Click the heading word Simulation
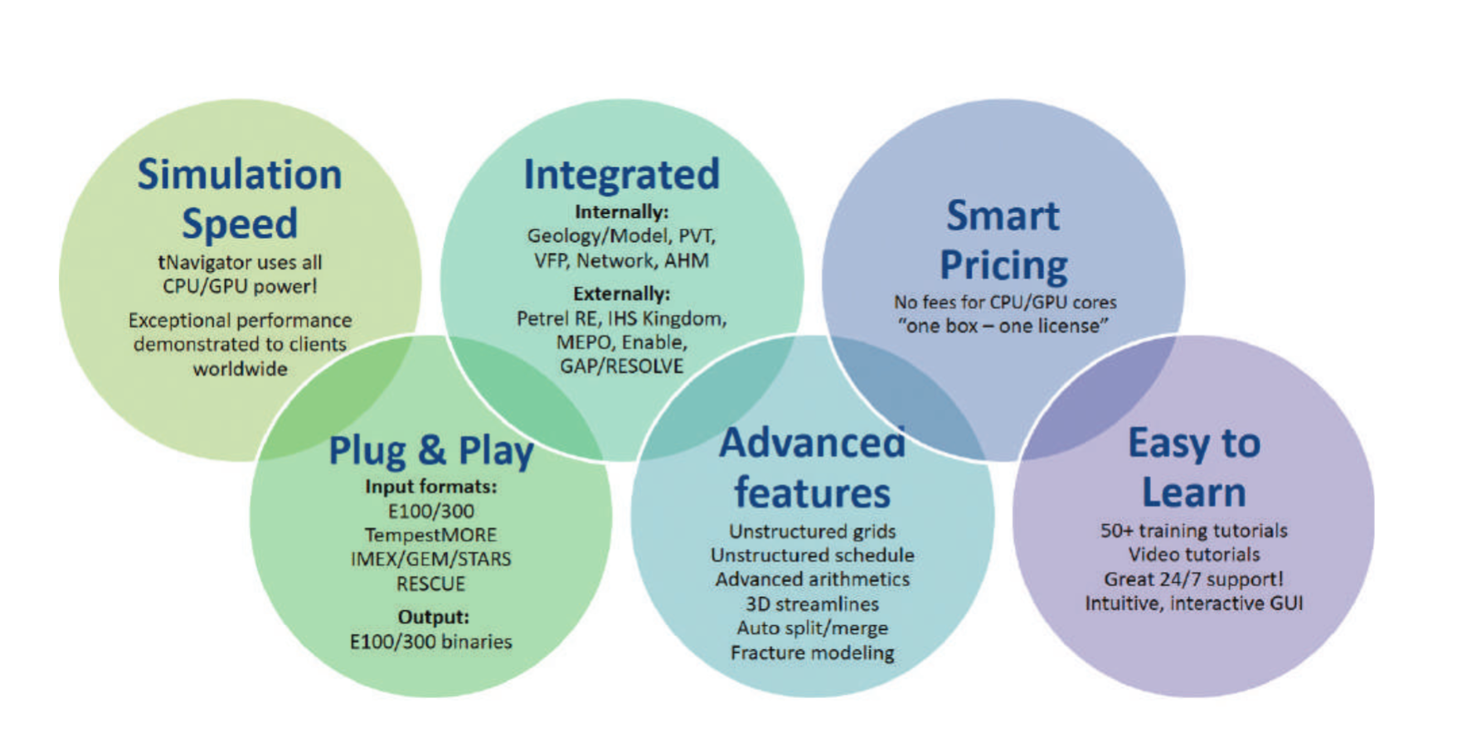(240, 175)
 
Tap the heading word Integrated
(621, 176)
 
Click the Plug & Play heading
(431, 452)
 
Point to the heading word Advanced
(812, 444)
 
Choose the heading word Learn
(1194, 492)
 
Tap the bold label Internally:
(621, 212)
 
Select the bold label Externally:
(621, 293)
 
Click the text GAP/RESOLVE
(621, 366)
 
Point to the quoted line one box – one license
(1003, 326)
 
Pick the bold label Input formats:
(431, 487)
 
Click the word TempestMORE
(431, 536)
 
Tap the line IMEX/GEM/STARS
(431, 560)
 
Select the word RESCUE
(431, 584)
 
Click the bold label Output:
(433, 617)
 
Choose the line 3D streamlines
(812, 604)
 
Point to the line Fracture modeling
(812, 653)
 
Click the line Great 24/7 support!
(1193, 579)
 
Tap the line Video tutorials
(1193, 555)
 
